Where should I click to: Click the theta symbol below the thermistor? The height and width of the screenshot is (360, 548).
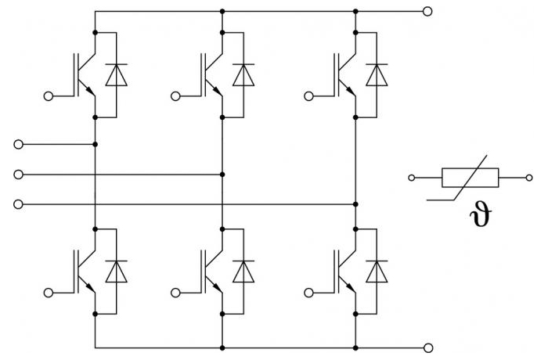481,214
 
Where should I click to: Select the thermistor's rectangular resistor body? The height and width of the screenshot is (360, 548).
470,178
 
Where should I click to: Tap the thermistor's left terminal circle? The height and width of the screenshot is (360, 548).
412,178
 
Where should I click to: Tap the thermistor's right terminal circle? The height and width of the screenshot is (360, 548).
529,178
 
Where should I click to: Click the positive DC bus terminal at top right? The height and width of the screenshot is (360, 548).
427,12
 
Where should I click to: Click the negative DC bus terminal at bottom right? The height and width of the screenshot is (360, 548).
427,348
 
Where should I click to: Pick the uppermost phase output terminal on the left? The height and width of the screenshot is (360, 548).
18,144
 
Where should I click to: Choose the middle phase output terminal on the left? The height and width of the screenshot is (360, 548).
18,175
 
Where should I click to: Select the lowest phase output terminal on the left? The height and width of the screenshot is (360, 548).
18,204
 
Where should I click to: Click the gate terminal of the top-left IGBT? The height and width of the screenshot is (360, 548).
49,96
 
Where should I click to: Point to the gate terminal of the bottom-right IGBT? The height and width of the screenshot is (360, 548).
308,293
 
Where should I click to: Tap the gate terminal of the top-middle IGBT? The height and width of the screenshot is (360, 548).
175,96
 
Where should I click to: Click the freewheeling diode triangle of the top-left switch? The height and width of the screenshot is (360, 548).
117,75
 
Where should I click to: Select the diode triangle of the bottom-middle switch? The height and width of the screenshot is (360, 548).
243,272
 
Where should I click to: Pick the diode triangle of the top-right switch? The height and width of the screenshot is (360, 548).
377,75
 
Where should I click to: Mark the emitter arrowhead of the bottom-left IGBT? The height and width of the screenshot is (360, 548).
91,288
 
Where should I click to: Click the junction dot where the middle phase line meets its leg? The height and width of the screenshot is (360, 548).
222,175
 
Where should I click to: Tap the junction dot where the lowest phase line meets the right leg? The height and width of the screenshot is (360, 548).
355,204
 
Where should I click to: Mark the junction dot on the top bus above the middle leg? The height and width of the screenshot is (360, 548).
222,12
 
